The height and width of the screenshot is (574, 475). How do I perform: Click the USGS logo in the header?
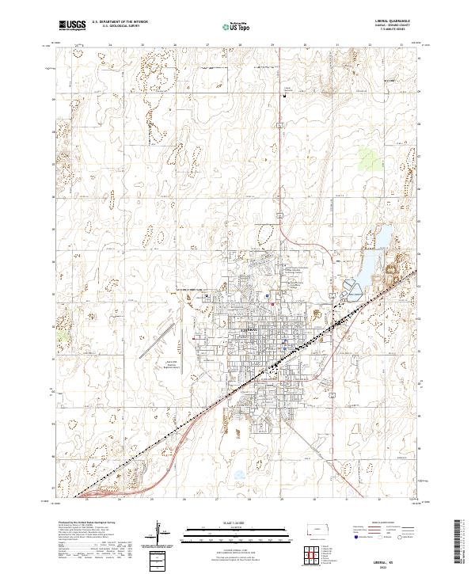point(72,26)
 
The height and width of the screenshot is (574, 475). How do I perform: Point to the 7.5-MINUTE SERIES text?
point(387,32)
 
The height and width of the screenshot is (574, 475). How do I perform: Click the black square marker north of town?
point(283,95)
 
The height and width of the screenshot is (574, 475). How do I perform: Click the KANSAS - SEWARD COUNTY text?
point(387,27)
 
